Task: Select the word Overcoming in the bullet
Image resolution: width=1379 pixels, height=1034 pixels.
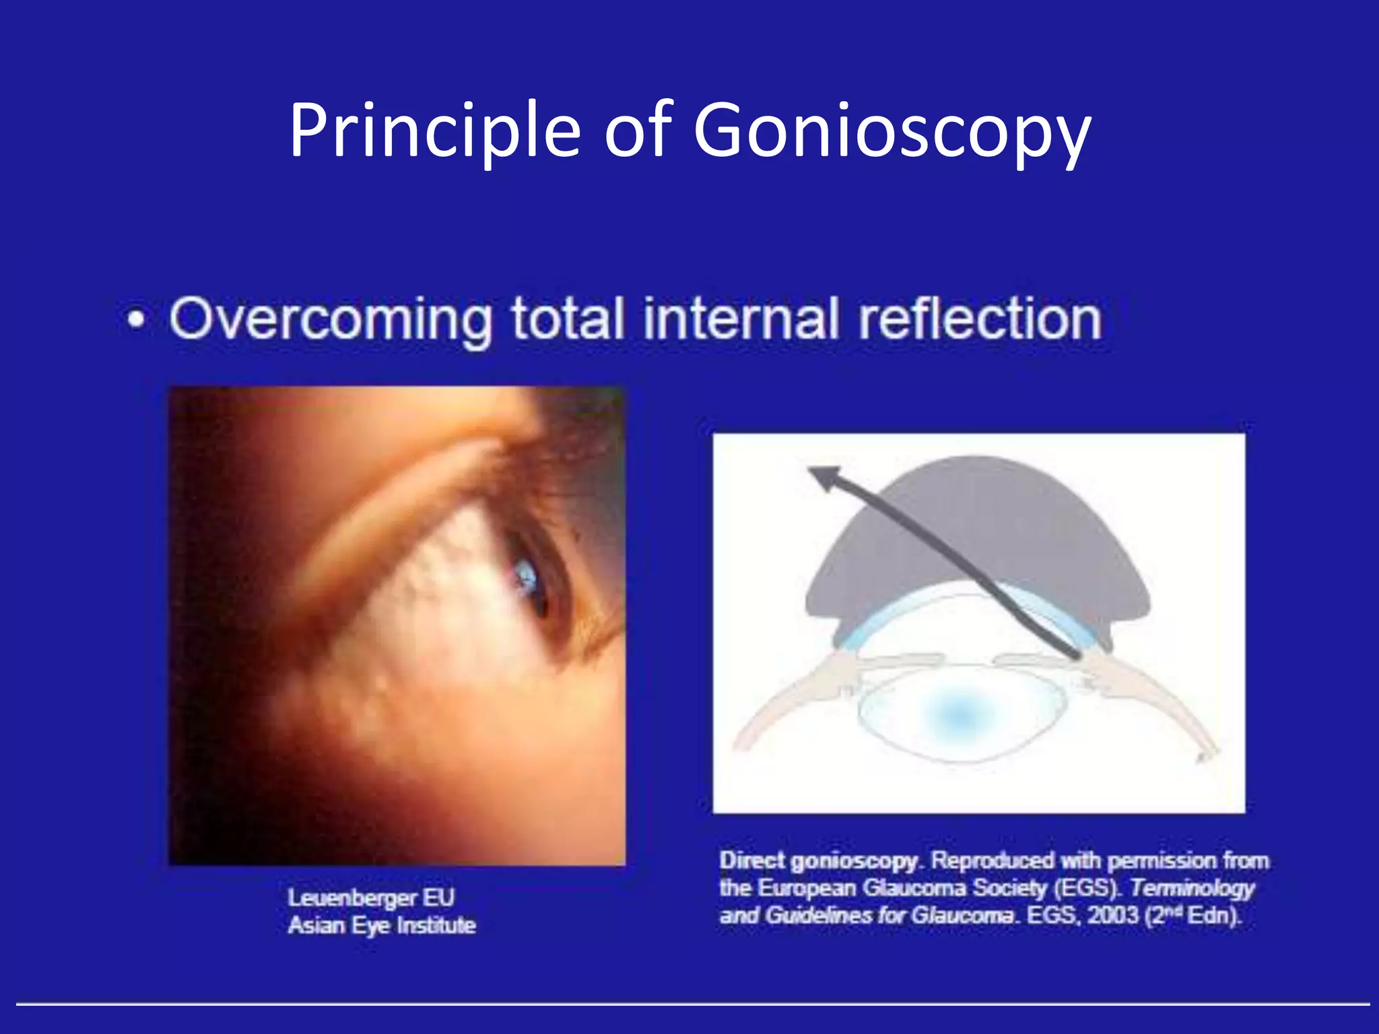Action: [x=331, y=319]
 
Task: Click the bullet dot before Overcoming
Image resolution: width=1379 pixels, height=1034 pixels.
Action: [x=137, y=322]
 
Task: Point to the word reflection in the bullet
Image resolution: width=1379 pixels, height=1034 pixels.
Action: [x=980, y=319]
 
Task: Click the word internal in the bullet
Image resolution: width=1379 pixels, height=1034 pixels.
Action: [x=741, y=319]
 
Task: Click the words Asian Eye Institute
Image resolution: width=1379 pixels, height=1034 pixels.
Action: [x=382, y=926]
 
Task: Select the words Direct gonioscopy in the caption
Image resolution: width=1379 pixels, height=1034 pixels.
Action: [x=819, y=861]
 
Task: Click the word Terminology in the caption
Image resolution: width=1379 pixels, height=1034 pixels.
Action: [x=1192, y=889]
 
